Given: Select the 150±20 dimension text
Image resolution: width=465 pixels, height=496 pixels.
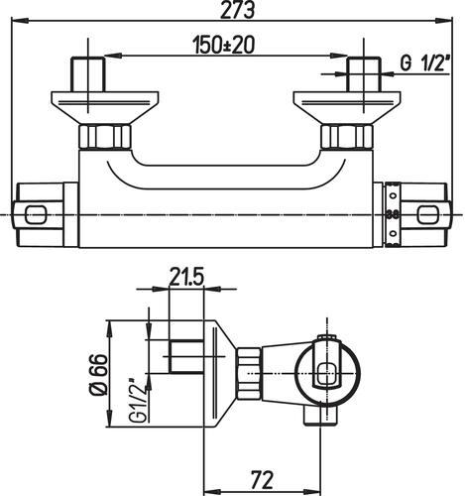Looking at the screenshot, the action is tap(224, 45).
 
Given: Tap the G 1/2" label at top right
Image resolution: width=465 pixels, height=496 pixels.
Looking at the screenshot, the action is tap(424, 63).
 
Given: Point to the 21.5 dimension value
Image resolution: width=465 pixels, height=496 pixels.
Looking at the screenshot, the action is tap(186, 277).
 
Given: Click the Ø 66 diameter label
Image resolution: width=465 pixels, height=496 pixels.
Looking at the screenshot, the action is tap(99, 375).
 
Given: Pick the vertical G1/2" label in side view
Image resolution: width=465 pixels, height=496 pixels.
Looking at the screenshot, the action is tap(139, 401).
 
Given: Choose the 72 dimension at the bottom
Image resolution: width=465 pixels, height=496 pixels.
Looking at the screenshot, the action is tap(262, 480).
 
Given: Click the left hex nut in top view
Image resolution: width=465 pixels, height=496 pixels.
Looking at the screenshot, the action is tap(105, 138).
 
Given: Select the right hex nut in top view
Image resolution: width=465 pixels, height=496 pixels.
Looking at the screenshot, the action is tap(347, 138).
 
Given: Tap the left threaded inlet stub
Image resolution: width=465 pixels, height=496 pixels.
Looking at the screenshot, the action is tap(88, 74).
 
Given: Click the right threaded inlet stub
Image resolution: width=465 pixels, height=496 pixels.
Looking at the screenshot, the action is tap(364, 74).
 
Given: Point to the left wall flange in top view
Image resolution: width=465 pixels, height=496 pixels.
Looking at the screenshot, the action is tap(105, 108).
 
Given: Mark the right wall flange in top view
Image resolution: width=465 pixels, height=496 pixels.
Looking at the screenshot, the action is tap(347, 108).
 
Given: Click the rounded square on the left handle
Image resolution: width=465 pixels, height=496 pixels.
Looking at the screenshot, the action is tap(35, 214).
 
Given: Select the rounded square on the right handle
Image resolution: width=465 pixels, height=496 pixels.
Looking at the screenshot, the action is tap(428, 214).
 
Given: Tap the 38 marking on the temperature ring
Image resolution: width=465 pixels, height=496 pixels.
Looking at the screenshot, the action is tap(393, 214).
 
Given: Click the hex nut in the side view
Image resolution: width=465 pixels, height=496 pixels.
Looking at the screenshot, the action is tap(249, 373).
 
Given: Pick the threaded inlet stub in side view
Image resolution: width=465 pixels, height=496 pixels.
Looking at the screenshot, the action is tap(186, 356).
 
